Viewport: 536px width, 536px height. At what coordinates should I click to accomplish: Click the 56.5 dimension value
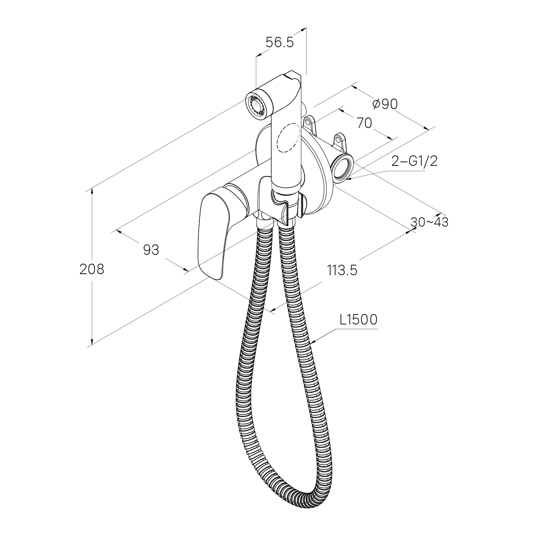pos(279,43)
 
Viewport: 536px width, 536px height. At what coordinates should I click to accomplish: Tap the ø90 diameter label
pos(384,104)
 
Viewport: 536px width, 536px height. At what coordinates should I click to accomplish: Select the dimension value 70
pos(364,123)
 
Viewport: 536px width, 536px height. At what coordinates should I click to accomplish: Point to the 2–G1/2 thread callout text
pos(415,162)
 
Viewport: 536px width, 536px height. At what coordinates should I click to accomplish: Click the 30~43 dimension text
pos(429,222)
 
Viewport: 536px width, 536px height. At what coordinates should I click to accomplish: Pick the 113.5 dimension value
pos(342,271)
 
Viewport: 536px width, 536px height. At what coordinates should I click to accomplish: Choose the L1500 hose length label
pos(358,320)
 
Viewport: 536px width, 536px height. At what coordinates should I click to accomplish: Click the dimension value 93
pos(151,250)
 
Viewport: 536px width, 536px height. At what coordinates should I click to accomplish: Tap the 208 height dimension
pos(92,269)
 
